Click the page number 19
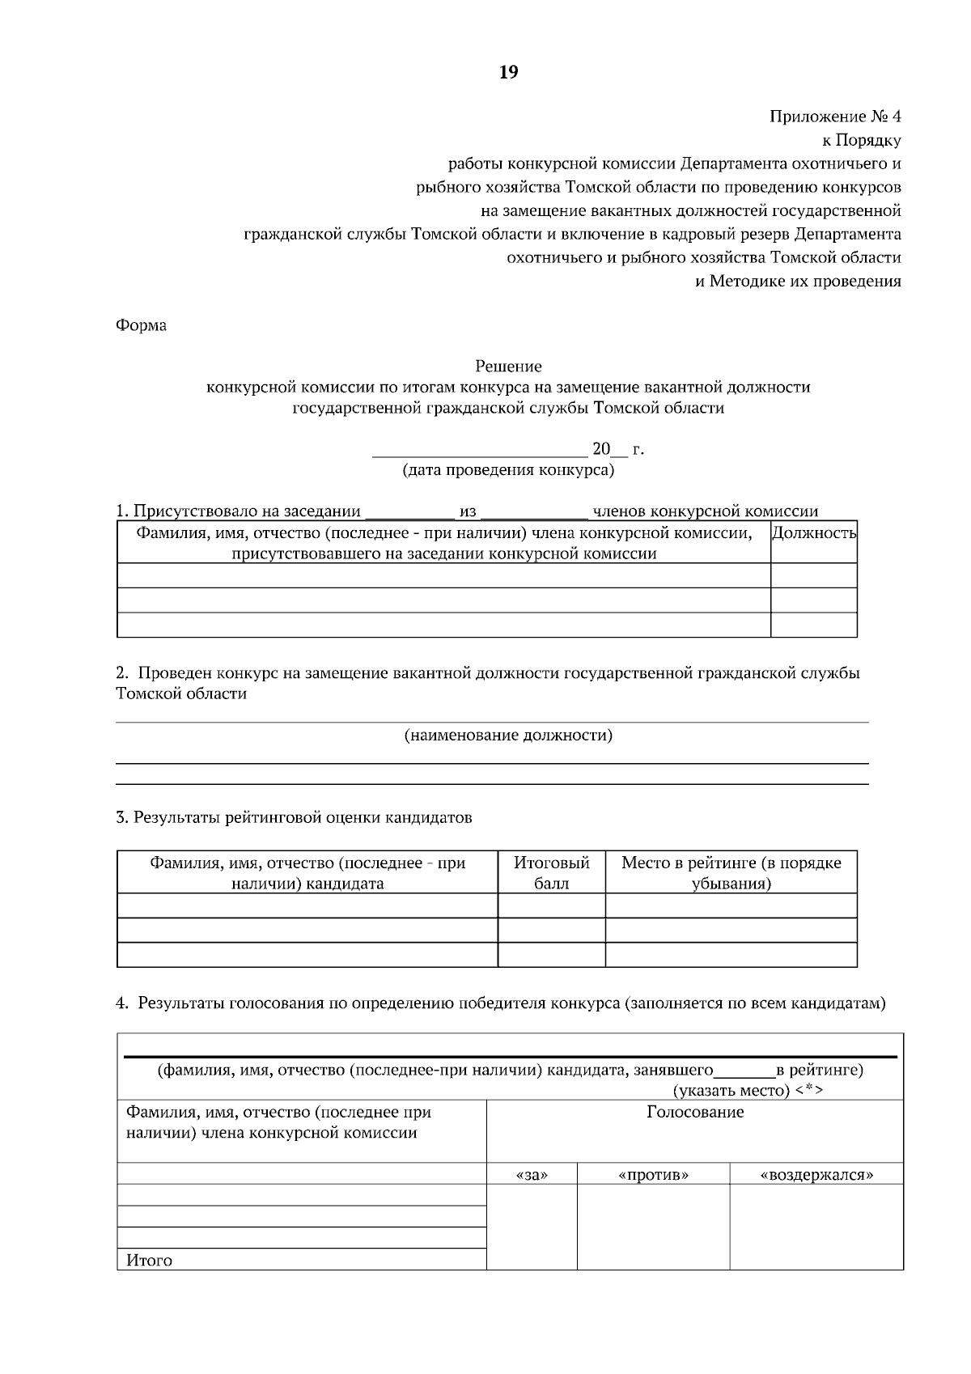click(x=508, y=73)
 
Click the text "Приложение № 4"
click(x=835, y=117)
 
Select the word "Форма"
click(x=142, y=325)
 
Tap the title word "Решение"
click(x=508, y=367)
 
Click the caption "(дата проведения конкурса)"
click(x=508, y=470)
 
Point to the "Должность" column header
click(x=814, y=533)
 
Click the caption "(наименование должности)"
click(x=508, y=736)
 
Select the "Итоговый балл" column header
click(x=552, y=873)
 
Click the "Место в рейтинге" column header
click(x=731, y=873)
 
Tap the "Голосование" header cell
click(x=695, y=1112)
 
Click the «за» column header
click(x=532, y=1174)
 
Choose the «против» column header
click(x=653, y=1174)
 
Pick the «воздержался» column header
click(x=816, y=1174)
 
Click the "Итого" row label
click(x=149, y=1260)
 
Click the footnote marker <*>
click(x=808, y=1091)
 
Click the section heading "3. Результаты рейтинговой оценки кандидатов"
click(x=295, y=817)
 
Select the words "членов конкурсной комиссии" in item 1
click(x=706, y=511)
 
